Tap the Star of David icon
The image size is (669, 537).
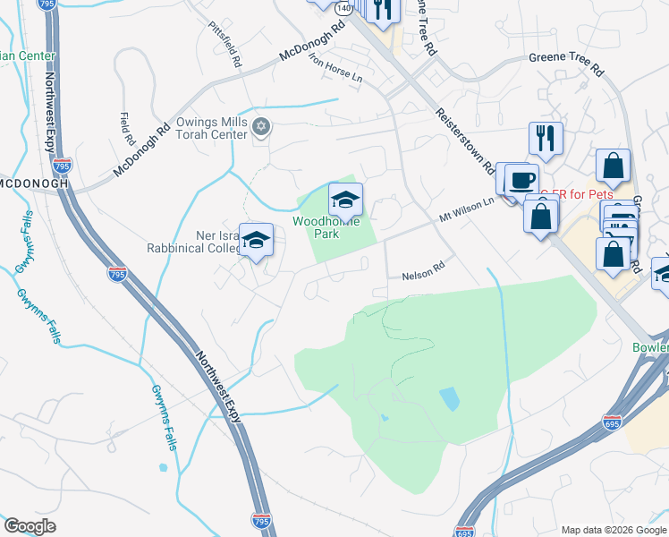(x=261, y=124)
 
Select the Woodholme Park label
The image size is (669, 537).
(x=328, y=227)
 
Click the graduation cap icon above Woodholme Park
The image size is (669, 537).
(x=345, y=199)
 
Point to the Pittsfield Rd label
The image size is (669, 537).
(x=224, y=46)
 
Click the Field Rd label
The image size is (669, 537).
(x=124, y=129)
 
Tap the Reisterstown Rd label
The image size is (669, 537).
(x=466, y=141)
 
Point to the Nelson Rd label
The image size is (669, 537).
(x=422, y=268)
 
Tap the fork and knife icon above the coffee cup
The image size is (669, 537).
(x=546, y=137)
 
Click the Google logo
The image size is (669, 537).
(x=30, y=525)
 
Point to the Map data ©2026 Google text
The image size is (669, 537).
(x=613, y=529)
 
